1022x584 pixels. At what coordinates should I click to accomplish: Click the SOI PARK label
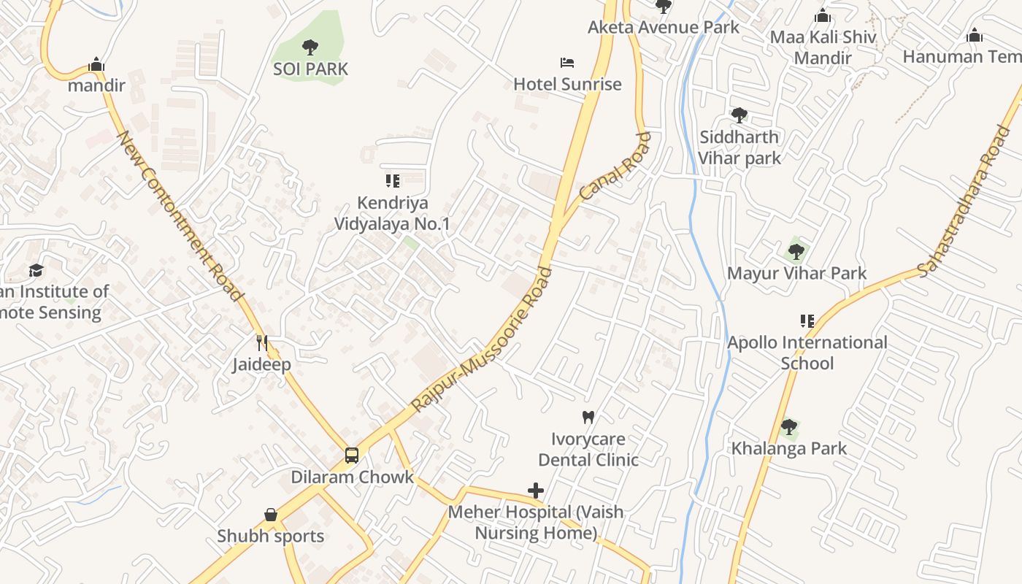click(310, 69)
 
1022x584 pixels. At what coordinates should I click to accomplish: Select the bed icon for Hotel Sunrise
click(567, 63)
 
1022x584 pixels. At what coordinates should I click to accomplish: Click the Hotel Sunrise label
click(567, 84)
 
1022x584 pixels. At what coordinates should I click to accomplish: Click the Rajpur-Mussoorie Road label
click(483, 339)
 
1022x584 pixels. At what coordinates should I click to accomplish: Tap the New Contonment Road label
click(180, 216)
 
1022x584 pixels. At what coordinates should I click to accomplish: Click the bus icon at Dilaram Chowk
click(352, 456)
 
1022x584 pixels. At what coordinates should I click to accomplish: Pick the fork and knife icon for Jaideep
click(262, 343)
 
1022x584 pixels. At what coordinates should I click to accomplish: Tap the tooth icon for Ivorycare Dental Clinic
click(588, 418)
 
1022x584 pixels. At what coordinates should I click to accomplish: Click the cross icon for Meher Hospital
click(536, 491)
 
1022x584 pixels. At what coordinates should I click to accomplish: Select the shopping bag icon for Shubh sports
click(271, 515)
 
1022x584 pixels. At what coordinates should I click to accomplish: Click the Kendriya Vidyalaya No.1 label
click(392, 213)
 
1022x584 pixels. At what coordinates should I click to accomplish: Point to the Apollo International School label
click(807, 353)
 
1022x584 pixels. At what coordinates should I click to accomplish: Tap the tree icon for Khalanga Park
click(788, 426)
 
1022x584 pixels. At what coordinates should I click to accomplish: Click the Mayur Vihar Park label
click(796, 273)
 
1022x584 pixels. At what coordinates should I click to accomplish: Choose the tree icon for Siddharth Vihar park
click(739, 115)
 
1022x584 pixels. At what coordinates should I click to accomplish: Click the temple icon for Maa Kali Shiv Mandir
click(823, 15)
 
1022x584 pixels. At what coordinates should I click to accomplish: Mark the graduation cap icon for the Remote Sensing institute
click(36, 270)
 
